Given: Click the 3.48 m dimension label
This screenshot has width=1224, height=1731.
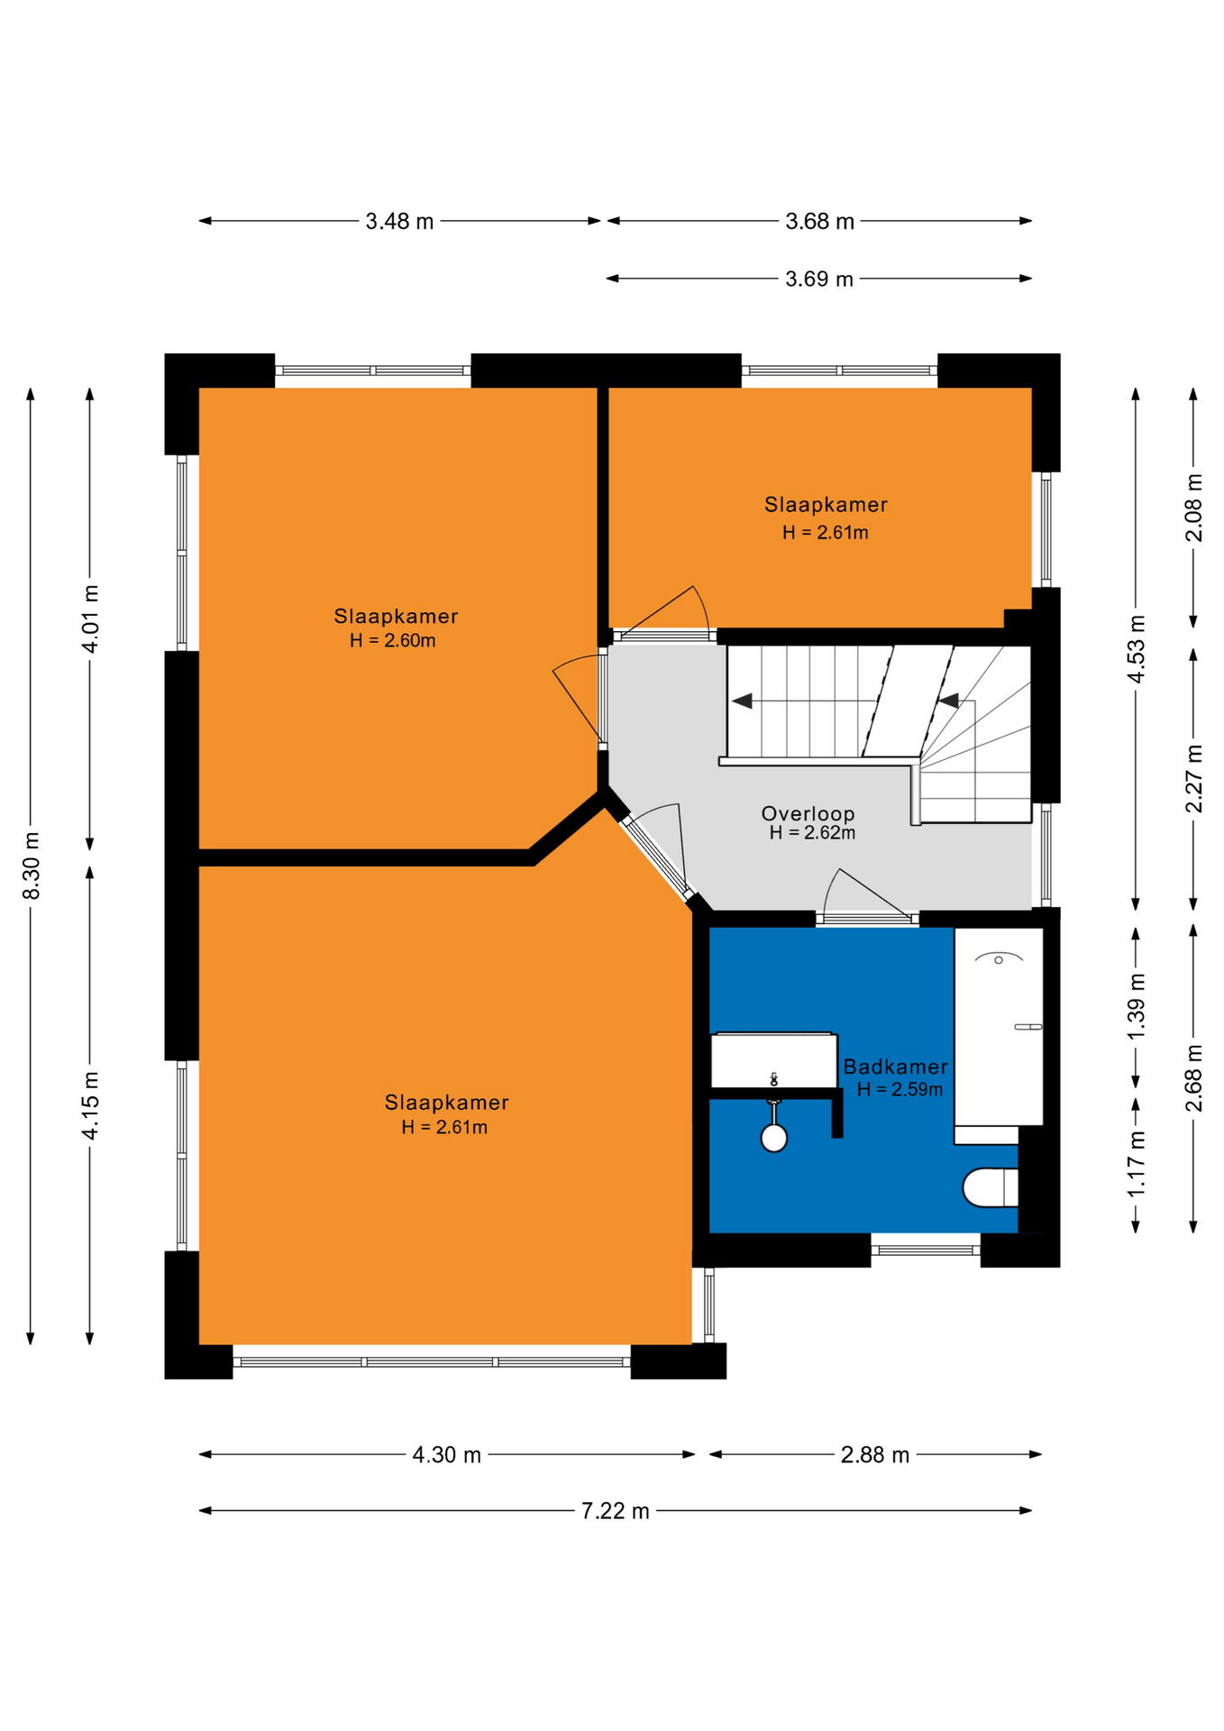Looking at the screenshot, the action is click(399, 221).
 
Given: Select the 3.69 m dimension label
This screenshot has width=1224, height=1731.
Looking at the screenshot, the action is click(818, 279).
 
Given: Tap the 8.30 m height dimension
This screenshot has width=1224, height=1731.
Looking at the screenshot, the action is click(32, 865).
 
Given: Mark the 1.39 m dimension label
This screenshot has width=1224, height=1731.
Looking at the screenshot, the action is click(1137, 1006).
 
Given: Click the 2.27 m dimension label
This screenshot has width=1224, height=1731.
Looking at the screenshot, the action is click(1193, 779).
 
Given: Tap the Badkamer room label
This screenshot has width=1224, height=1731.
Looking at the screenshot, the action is click(895, 1067).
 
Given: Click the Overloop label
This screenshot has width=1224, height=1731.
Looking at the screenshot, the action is click(808, 814).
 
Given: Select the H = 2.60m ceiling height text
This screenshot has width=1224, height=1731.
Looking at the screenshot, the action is click(392, 641).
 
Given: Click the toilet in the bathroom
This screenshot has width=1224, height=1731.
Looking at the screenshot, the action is click(990, 1187).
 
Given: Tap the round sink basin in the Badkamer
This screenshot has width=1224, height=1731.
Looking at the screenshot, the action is click(773, 1138).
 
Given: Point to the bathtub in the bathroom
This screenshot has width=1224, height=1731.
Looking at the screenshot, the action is click(999, 1026).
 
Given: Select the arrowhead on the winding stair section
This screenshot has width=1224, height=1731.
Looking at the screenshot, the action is click(948, 701).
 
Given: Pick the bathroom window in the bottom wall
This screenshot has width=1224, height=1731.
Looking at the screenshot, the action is click(926, 1250).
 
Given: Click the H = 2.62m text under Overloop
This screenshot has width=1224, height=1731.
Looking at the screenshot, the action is click(812, 833).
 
